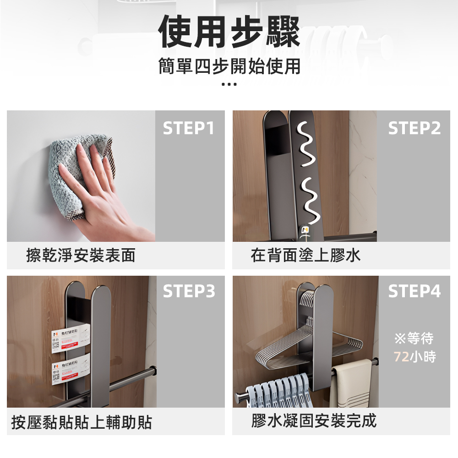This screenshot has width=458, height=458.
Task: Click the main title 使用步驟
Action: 229,32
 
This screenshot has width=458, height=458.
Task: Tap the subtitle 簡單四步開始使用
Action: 229,66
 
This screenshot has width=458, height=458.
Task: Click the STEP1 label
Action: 189,129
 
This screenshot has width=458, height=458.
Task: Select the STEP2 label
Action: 414,129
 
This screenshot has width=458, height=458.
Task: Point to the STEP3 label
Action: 189,291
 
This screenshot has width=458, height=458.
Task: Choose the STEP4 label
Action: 414,291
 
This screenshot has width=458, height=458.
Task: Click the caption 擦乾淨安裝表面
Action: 81,256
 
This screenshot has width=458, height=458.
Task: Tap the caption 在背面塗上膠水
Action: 305,256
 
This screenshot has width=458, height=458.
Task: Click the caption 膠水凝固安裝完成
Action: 314,420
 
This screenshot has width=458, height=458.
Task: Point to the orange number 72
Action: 401,357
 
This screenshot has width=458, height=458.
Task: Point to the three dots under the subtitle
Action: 229,84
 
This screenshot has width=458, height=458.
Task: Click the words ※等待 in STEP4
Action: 414,339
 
